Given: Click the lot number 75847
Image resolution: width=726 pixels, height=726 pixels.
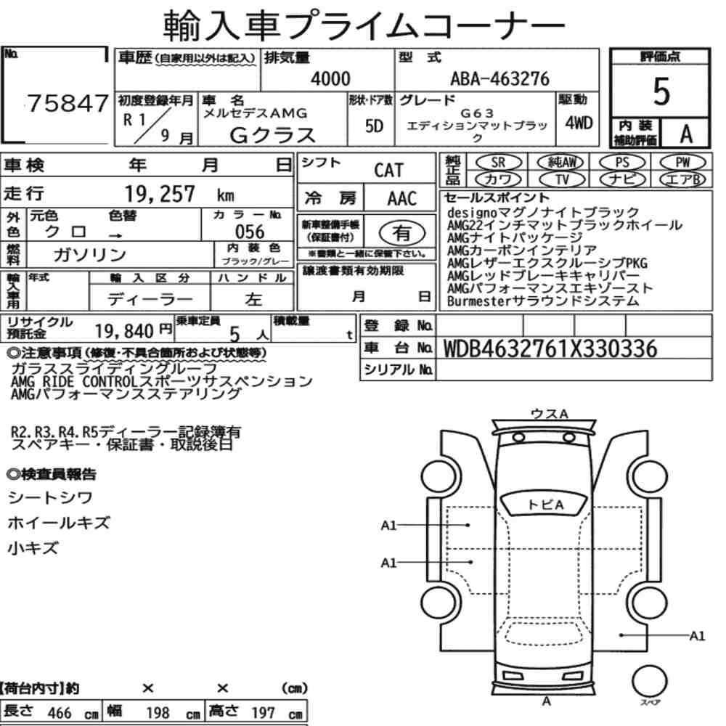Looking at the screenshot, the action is (68, 103).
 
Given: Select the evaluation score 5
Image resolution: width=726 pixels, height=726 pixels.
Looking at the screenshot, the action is (661, 91).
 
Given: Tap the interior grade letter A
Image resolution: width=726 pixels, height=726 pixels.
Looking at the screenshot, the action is (686, 134).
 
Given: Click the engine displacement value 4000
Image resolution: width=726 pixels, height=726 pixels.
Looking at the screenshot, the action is (330, 78).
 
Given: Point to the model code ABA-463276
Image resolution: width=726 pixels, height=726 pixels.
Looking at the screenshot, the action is (499, 78).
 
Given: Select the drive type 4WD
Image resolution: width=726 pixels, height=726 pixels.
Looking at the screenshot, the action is (579, 123).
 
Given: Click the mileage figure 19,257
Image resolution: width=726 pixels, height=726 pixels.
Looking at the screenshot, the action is (160, 194).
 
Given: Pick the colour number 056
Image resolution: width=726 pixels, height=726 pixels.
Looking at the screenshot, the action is (250, 232).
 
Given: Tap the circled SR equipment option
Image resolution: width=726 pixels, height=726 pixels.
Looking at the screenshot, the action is (498, 163).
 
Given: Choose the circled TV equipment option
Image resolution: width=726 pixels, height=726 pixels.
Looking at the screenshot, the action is (562, 179).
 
